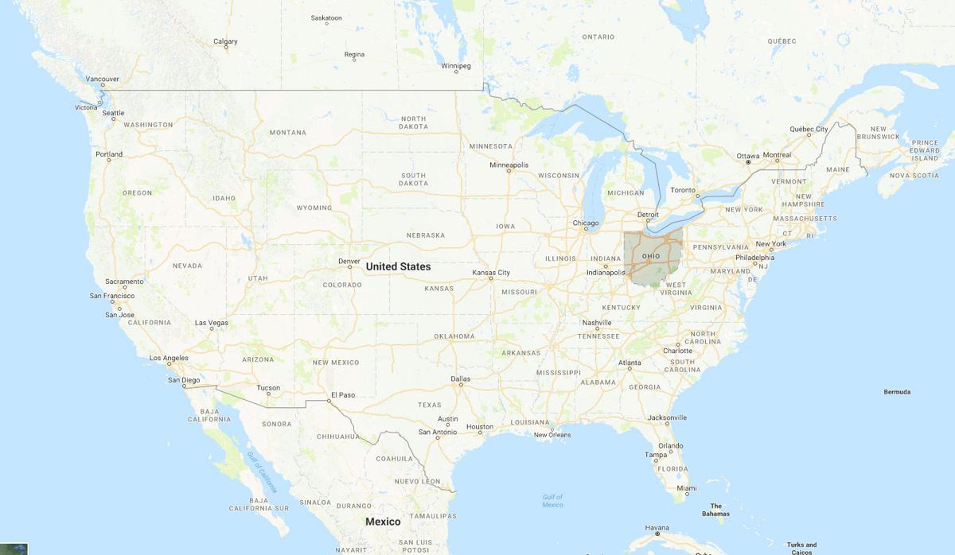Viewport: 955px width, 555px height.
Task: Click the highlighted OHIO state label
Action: click(651, 255)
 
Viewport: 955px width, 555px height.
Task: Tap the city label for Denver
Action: click(349, 260)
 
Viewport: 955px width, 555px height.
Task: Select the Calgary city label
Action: click(225, 41)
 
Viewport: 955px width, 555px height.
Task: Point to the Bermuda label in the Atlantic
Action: click(897, 392)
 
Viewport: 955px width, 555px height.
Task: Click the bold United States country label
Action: click(398, 267)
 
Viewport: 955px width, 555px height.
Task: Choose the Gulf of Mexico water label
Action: click(552, 501)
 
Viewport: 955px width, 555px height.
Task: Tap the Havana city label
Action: click(657, 527)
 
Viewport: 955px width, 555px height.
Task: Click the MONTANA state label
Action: click(287, 133)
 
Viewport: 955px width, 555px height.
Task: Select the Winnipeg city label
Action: click(456, 65)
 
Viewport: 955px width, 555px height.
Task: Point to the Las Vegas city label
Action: click(212, 323)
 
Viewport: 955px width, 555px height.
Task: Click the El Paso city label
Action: click(342, 394)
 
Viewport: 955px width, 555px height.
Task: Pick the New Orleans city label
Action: click(552, 434)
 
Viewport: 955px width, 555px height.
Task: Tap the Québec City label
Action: click(809, 129)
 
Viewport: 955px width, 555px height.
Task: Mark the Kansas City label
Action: click(491, 273)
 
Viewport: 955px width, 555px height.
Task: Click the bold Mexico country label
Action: click(383, 522)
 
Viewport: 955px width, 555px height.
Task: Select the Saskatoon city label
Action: click(326, 17)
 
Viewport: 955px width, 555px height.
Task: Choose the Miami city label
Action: click(687, 488)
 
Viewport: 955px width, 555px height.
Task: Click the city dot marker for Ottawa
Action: click(747, 163)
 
